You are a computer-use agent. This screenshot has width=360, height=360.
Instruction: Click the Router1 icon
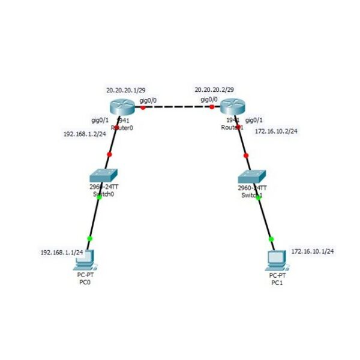coord(231,108)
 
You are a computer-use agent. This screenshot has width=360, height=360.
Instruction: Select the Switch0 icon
coord(101,176)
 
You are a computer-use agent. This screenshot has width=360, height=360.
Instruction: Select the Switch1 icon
coord(250,176)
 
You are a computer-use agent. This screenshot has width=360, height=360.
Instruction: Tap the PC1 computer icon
coord(277,260)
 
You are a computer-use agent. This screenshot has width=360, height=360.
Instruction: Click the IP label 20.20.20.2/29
coord(214,89)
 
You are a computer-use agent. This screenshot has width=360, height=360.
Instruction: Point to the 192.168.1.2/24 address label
coord(85,134)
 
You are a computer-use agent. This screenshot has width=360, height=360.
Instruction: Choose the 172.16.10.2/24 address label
coord(277,130)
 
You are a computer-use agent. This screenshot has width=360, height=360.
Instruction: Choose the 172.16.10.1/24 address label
coord(313,251)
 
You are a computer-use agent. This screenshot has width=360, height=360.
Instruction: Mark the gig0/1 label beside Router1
coord(255,120)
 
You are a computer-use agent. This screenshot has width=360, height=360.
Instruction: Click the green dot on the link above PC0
coord(90,239)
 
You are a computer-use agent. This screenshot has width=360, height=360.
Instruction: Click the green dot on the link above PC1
coord(271,239)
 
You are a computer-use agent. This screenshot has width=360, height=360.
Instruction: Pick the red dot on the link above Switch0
coord(109,154)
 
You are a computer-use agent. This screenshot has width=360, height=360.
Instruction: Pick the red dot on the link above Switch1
coord(246,155)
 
